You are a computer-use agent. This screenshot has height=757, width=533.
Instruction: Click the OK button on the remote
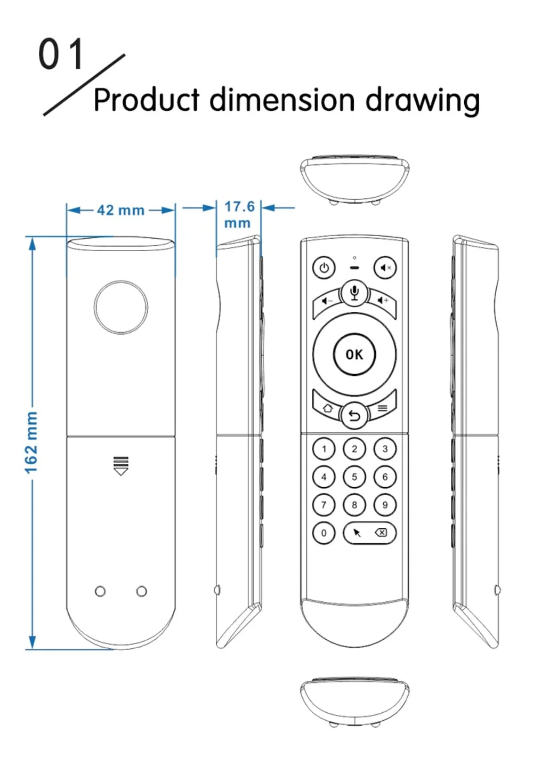tap(354, 354)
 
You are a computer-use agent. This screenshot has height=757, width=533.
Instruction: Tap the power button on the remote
tap(324, 268)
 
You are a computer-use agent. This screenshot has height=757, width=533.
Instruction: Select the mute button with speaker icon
tap(385, 268)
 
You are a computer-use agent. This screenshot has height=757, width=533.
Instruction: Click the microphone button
tap(354, 293)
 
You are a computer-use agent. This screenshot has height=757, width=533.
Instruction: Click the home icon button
tap(327, 408)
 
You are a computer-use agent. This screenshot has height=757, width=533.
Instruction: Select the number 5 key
tap(354, 477)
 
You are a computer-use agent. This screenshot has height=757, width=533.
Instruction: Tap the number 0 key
tap(324, 533)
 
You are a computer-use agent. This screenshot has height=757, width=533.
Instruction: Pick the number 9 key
tap(385, 504)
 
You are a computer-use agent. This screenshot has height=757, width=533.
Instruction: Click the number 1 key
tap(324, 449)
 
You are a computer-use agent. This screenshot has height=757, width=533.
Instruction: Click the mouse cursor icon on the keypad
tap(357, 533)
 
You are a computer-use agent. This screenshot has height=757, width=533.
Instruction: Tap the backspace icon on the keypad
tap(381, 532)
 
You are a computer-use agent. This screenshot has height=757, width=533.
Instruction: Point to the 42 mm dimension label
tap(120, 210)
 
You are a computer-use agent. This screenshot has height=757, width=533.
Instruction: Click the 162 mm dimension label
tap(31, 442)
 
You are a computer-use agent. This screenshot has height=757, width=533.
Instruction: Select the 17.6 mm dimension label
tap(239, 214)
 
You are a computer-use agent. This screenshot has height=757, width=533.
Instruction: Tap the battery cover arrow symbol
tap(121, 465)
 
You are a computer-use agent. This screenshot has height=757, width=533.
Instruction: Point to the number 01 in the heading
tap(61, 54)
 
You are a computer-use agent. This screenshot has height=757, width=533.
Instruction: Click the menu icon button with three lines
tap(382, 408)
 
